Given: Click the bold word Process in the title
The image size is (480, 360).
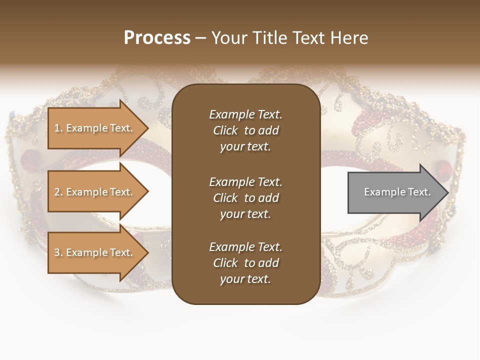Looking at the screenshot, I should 157,38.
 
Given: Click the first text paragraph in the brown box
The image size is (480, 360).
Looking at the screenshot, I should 245,130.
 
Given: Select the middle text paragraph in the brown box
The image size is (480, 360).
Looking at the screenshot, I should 245,198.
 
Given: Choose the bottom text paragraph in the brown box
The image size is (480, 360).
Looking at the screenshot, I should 245,263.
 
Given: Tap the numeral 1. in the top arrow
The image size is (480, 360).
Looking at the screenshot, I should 58,128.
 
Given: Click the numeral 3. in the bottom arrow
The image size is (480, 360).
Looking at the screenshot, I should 58,252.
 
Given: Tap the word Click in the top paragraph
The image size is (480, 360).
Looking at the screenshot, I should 225,130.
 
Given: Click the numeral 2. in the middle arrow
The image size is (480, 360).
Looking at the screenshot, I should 58,192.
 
